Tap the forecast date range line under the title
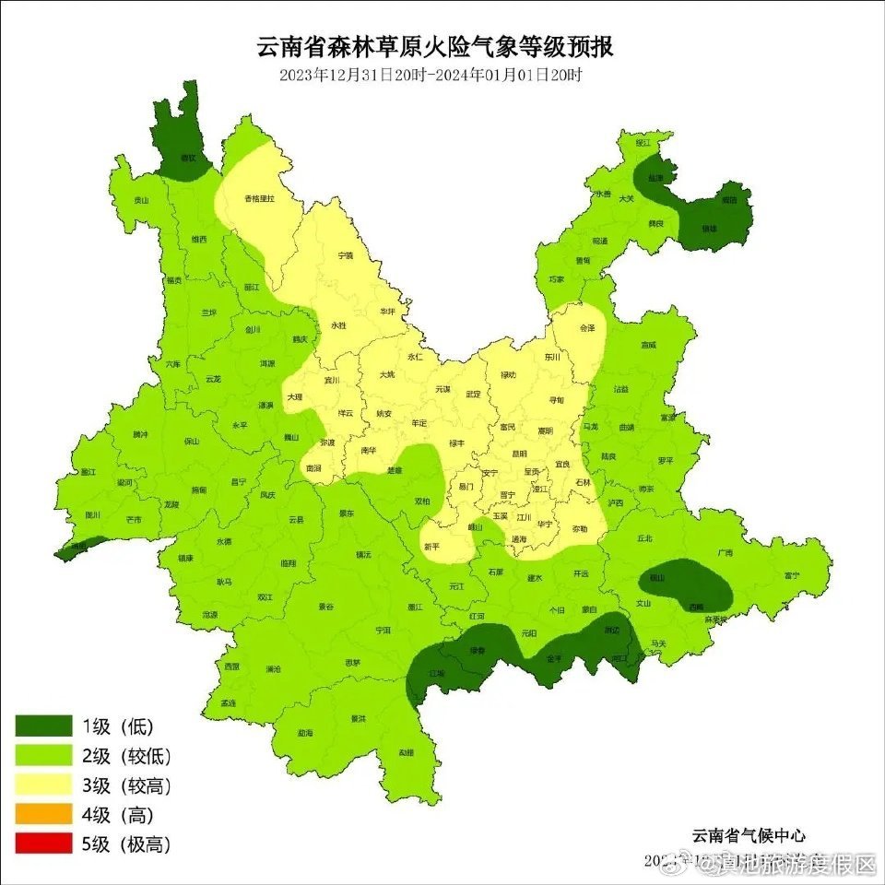(x=431, y=75)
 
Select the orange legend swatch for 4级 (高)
(x=43, y=815)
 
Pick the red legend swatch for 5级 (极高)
(x=43, y=844)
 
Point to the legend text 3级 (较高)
(x=126, y=785)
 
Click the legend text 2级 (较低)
(x=126, y=756)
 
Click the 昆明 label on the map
(x=519, y=454)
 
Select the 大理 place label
(x=294, y=396)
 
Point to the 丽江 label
(x=252, y=287)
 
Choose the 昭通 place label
(x=600, y=241)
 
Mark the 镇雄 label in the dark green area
(x=709, y=229)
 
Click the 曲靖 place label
(x=627, y=428)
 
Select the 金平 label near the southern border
(x=554, y=659)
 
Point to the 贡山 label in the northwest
(x=140, y=200)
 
